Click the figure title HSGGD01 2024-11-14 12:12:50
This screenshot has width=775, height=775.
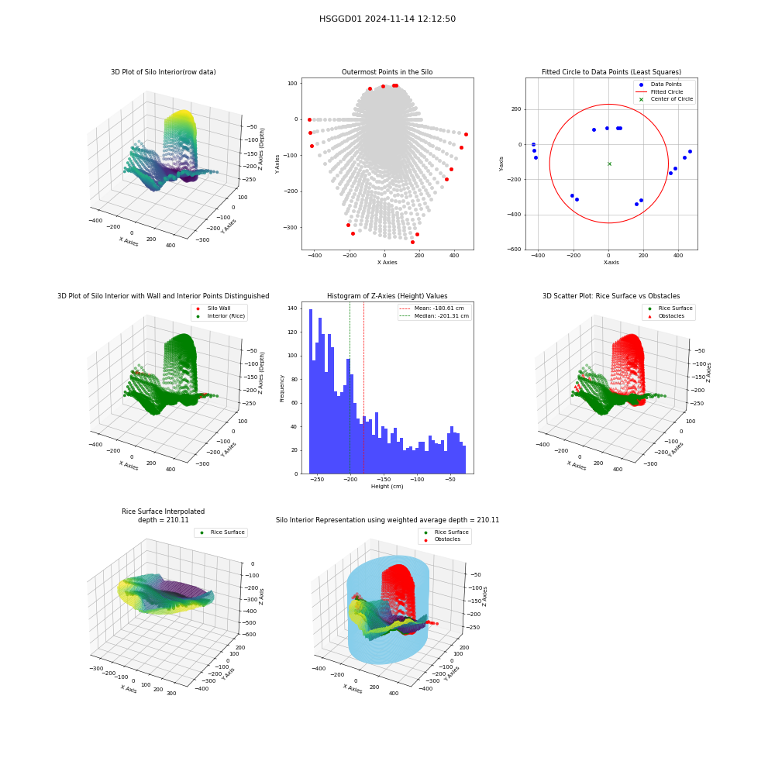click(387, 19)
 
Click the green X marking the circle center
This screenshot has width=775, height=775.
click(609, 164)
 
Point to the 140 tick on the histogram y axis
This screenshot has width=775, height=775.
click(293, 308)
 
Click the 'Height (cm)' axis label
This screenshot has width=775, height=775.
click(387, 487)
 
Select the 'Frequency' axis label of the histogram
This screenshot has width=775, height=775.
click(282, 388)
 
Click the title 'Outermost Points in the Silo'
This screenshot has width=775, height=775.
click(387, 72)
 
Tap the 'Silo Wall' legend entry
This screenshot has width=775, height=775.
click(219, 308)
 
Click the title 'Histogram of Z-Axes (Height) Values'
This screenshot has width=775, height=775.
click(387, 296)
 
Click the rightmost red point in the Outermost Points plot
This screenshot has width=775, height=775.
click(466, 134)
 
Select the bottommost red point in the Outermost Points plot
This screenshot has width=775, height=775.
click(413, 242)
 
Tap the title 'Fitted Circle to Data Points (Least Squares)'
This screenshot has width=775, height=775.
click(611, 72)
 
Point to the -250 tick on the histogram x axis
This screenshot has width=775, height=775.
click(317, 479)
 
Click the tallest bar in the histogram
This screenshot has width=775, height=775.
click(311, 391)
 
